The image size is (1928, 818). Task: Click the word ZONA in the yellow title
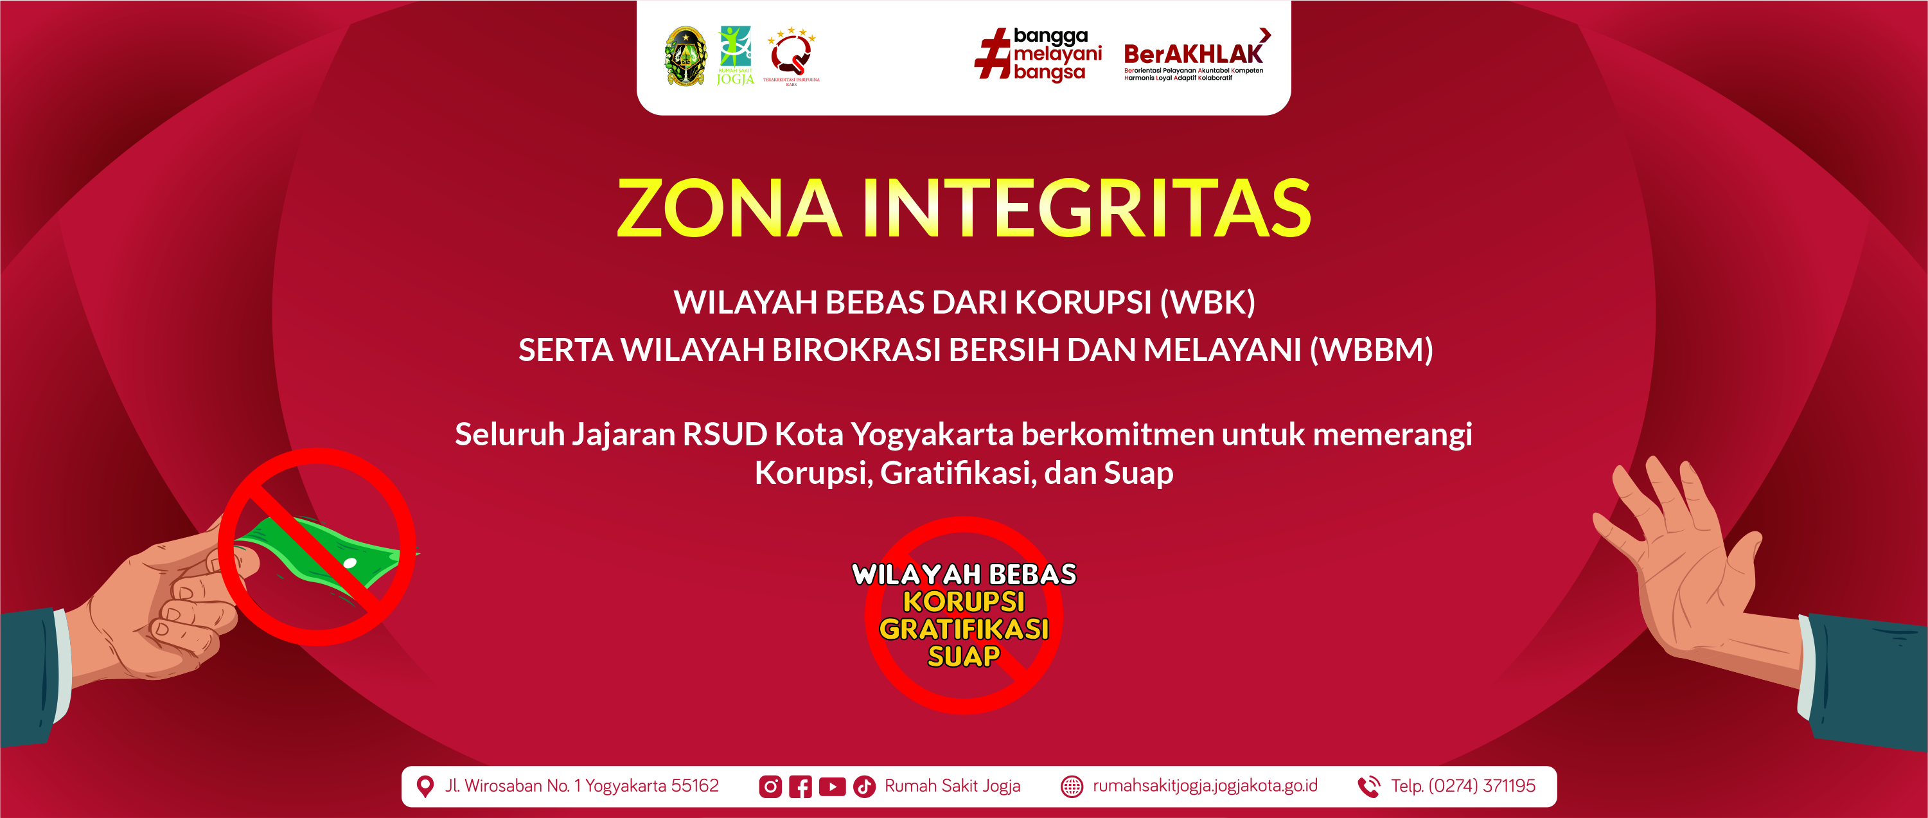[730, 208]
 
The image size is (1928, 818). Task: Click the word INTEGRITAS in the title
[1087, 208]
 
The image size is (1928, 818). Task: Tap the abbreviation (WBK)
[1207, 303]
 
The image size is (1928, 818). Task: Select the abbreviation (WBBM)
[1371, 350]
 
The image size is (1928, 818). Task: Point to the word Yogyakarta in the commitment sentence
[933, 435]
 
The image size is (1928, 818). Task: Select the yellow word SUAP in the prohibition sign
[964, 656]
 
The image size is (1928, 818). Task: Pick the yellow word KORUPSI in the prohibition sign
[964, 601]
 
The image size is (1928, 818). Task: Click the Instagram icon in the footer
[770, 787]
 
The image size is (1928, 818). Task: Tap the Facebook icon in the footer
[800, 787]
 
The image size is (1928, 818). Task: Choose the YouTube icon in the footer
[832, 787]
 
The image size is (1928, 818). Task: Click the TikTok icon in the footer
[865, 787]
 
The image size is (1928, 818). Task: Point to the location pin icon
[425, 787]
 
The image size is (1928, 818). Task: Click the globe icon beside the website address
[1072, 787]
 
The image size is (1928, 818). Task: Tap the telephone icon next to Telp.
[1369, 787]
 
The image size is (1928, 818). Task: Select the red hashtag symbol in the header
[993, 53]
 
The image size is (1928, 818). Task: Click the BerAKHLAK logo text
[1193, 55]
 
